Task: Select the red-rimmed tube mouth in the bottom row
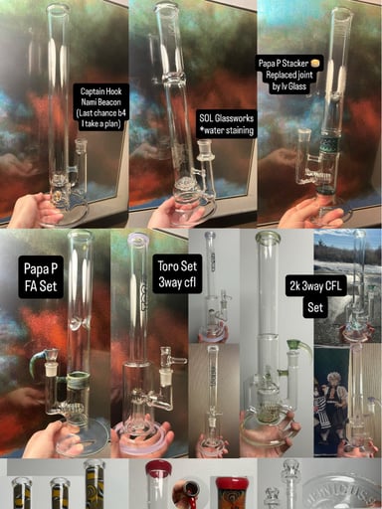[158, 469]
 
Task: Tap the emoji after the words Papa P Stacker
[317, 61]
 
